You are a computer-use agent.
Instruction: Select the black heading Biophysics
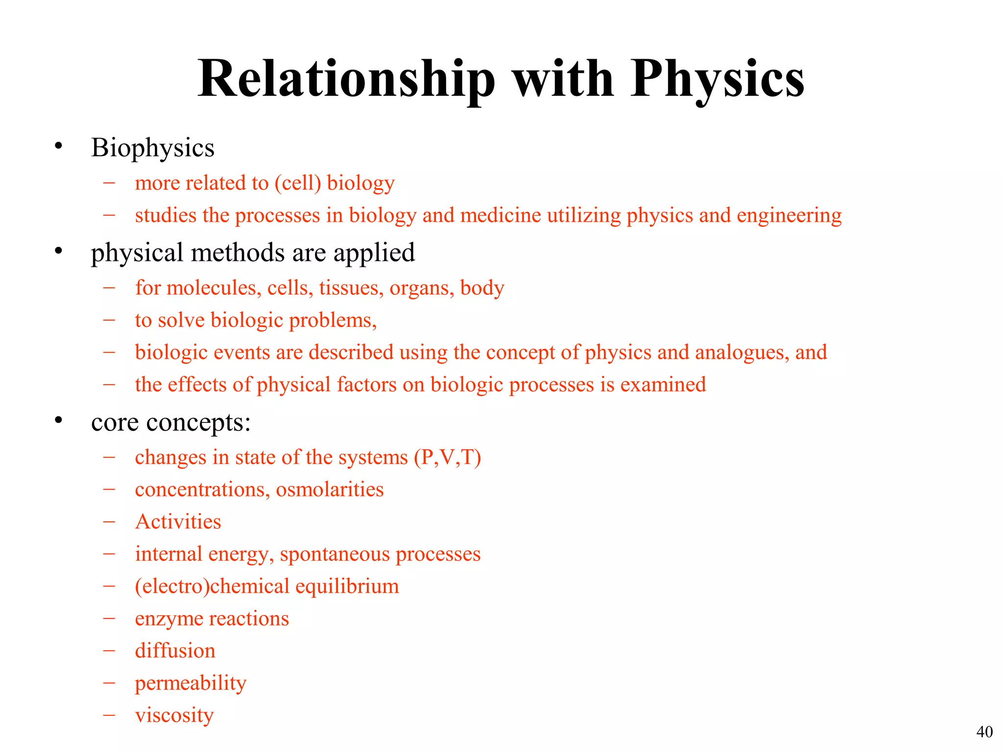tap(152, 148)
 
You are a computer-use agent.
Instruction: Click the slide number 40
tap(984, 732)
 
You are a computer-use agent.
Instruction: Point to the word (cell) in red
tap(297, 183)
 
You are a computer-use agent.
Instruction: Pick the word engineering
tap(789, 215)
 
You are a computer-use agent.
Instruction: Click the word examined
tap(663, 385)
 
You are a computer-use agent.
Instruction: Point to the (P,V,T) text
tap(447, 457)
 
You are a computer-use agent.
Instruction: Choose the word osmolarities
tap(330, 490)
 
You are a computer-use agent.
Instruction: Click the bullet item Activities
tap(178, 522)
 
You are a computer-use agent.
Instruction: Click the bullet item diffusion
tap(175, 651)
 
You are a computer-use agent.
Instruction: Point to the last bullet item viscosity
tap(174, 715)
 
